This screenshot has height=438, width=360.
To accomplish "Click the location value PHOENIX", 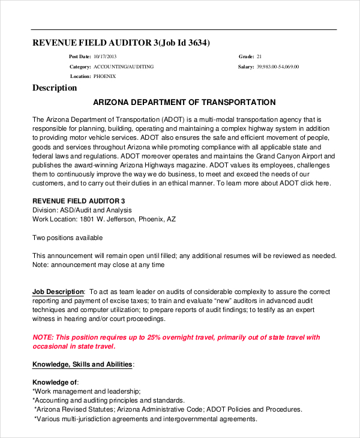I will click(104, 76).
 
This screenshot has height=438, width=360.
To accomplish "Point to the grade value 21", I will click(259, 56).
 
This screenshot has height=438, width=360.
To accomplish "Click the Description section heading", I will click(55, 88).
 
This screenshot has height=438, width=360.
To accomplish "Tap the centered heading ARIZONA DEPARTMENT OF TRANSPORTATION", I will click(185, 103).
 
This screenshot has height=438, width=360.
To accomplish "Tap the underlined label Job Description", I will click(58, 291).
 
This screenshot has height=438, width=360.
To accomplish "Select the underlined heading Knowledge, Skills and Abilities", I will click(82, 364).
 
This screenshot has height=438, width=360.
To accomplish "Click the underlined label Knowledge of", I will click(55, 382).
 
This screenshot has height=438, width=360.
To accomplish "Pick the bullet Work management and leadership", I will click(87, 391).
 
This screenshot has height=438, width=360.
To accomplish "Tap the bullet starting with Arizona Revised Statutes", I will click(168, 409).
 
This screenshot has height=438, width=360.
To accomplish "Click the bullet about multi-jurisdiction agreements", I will click(145, 419).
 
